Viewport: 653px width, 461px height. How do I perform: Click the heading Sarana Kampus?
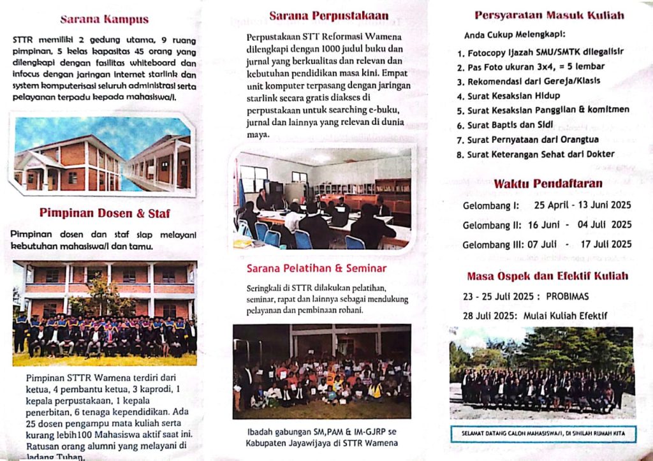(104, 19)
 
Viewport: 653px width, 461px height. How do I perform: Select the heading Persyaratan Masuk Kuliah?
(549, 16)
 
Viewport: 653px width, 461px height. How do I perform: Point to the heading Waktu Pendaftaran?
(548, 184)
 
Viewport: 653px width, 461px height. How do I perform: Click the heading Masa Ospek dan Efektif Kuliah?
(547, 276)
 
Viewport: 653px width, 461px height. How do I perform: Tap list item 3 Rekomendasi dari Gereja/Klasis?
(529, 82)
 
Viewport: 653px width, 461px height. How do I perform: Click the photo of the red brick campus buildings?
(102, 154)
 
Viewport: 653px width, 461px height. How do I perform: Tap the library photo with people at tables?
(323, 198)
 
